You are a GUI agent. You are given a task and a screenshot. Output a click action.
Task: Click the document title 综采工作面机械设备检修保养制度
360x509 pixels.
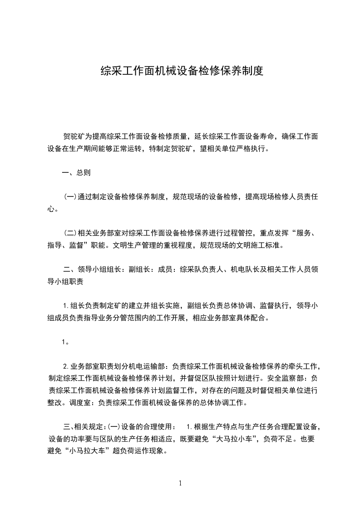point(182,71)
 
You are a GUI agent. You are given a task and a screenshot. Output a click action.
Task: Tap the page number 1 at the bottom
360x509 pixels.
point(180,483)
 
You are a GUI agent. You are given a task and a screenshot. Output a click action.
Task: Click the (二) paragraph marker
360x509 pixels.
point(70,234)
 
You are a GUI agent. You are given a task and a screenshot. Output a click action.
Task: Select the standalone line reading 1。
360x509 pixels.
point(65,342)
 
